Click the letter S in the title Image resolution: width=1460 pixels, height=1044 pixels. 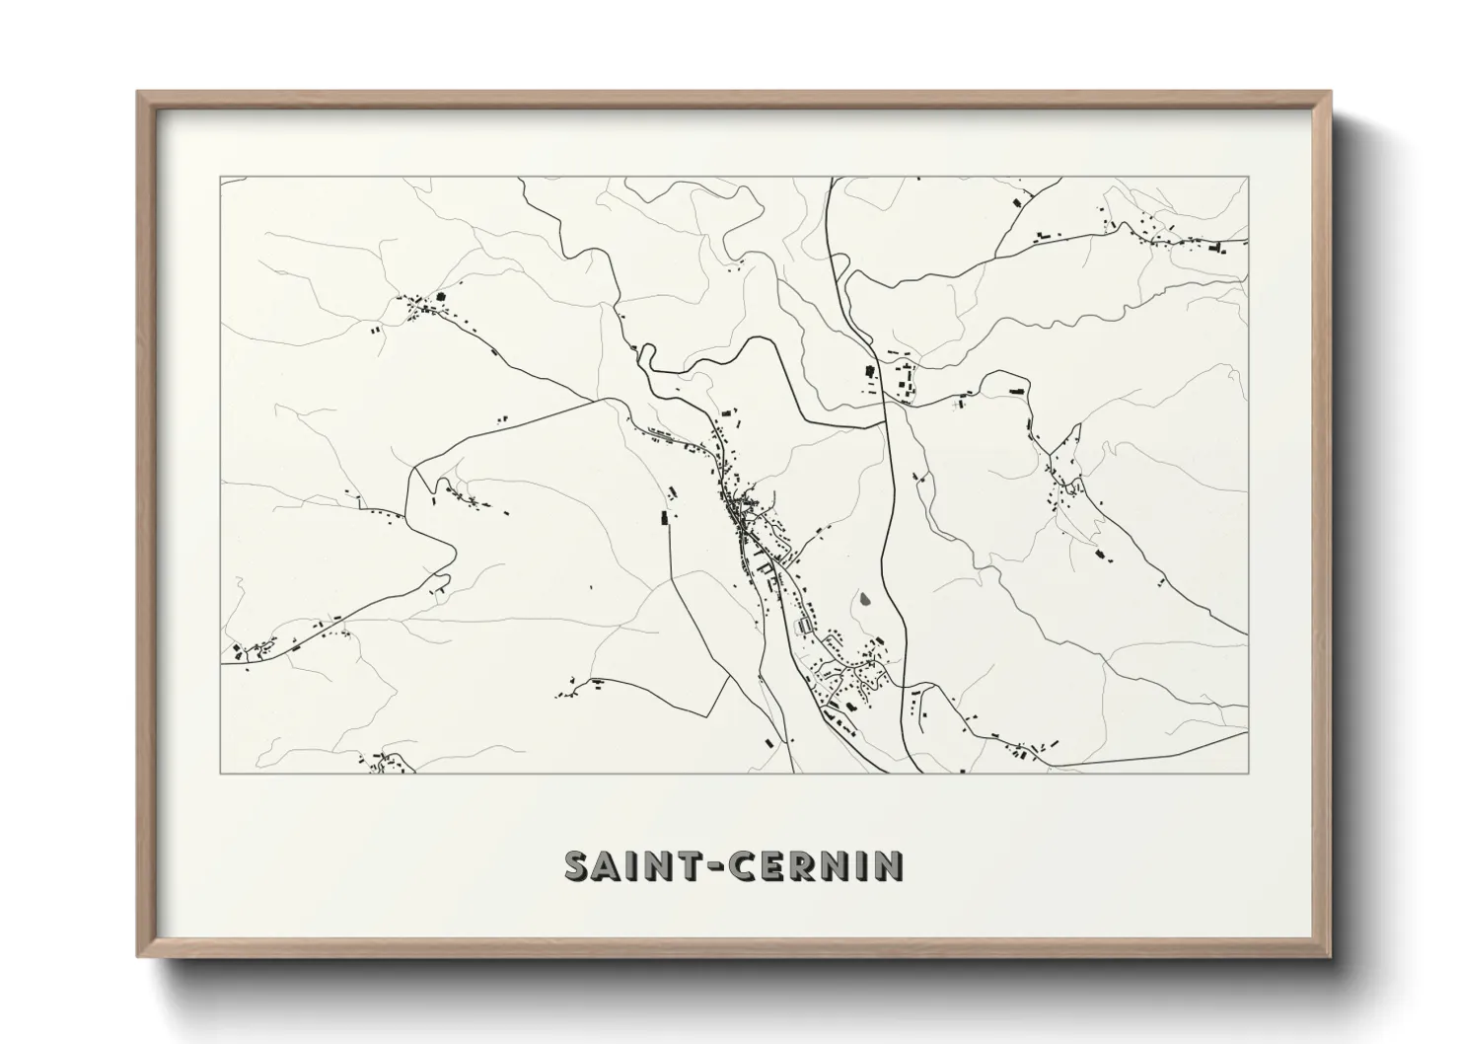577,866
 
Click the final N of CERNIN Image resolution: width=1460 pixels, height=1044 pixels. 888,866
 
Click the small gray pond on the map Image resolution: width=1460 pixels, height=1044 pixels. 865,597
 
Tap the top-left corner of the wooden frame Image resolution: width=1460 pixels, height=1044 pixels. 138,93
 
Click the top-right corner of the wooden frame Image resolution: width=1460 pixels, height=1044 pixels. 1330,93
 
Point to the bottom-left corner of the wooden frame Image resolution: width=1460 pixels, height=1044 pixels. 138,956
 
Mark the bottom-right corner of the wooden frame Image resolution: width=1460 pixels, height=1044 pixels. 1330,956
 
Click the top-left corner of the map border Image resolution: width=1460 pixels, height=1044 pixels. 221,178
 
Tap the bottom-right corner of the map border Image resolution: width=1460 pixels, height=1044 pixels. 1248,774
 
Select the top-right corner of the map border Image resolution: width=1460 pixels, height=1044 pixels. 1248,178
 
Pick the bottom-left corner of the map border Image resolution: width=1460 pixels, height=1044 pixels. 221,774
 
